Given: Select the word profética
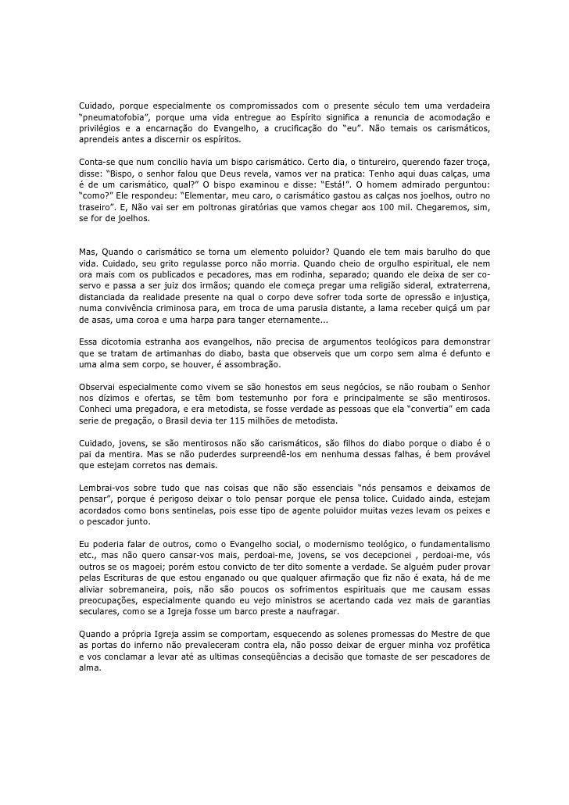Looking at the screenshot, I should coord(468,645).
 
